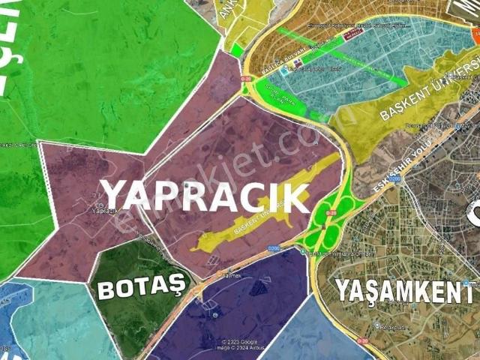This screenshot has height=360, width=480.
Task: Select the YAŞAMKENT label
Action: click(x=397, y=290)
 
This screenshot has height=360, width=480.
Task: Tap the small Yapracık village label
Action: click(x=105, y=211)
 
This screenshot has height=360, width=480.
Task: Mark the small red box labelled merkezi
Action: click(x=353, y=33)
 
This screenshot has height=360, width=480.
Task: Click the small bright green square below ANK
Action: click(x=236, y=50)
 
